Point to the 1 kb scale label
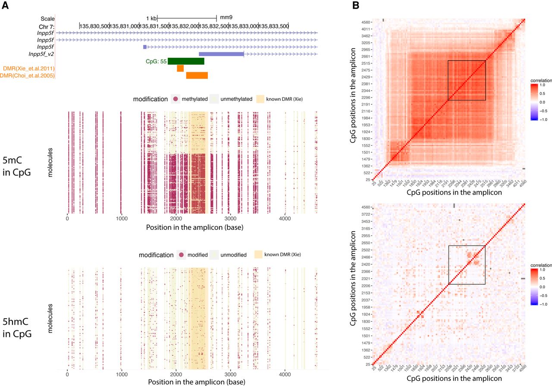pos(151,18)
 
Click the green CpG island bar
pos(186,61)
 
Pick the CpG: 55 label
pos(156,62)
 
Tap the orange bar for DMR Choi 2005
pos(197,75)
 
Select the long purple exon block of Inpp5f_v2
pos(221,54)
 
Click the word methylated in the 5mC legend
pos(194,99)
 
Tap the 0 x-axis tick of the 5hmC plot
pos(67,374)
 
